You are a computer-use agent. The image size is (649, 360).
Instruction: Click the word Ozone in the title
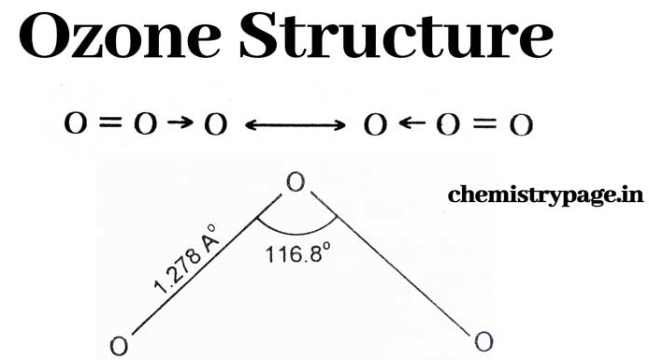click(x=120, y=36)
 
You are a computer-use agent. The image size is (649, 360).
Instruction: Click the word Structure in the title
click(x=397, y=36)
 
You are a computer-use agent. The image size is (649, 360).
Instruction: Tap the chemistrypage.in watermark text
click(x=545, y=195)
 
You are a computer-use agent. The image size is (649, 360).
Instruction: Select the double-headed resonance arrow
click(x=296, y=124)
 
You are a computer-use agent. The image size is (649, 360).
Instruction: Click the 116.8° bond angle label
click(x=298, y=253)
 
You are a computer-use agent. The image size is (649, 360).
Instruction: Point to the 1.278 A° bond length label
click(x=184, y=259)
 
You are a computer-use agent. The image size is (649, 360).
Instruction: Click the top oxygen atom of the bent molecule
click(x=296, y=182)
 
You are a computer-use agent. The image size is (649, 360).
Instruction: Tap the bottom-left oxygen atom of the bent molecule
click(x=119, y=346)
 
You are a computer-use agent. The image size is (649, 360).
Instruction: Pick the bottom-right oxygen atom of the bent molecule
click(x=483, y=342)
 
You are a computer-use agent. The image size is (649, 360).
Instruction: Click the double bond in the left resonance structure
click(x=111, y=122)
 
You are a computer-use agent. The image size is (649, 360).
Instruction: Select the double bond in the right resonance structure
click(x=484, y=123)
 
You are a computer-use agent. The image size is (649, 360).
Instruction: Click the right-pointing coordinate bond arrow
click(x=180, y=122)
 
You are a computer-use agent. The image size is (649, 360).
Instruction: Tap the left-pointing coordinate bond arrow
click(x=412, y=122)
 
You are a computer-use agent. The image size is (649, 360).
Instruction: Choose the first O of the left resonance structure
click(x=76, y=123)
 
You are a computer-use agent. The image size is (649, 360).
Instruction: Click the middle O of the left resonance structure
click(x=146, y=123)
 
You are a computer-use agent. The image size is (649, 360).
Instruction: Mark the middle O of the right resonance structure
click(x=448, y=125)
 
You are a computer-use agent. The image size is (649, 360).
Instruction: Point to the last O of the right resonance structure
click(x=521, y=125)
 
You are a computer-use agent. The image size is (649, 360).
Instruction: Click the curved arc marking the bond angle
click(x=296, y=234)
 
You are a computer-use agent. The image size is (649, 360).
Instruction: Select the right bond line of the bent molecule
click(x=391, y=264)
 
